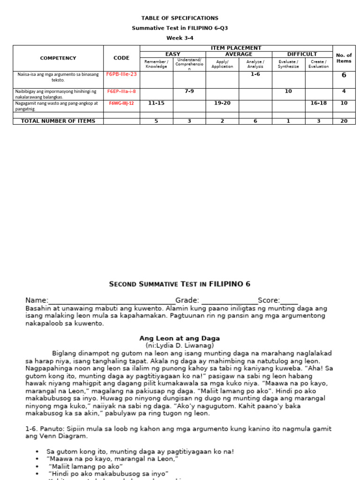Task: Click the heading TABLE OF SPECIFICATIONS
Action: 180,18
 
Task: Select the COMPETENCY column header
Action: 58,58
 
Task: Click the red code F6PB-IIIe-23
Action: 121,74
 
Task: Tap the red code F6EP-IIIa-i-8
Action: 121,91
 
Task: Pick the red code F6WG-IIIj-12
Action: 121,103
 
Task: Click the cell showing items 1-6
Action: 255,74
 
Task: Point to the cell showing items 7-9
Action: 189,91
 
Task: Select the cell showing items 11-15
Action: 156,103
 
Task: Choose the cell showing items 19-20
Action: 222,103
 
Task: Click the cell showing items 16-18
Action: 318,103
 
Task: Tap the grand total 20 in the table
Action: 344,121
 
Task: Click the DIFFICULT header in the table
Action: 302,54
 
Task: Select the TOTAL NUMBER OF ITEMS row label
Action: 58,121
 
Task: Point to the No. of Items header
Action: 344,58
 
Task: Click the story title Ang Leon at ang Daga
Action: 180,338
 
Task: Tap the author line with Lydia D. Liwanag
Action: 180,345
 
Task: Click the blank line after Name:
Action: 112,300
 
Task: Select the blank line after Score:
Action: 289,300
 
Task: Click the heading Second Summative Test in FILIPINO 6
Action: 180,284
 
